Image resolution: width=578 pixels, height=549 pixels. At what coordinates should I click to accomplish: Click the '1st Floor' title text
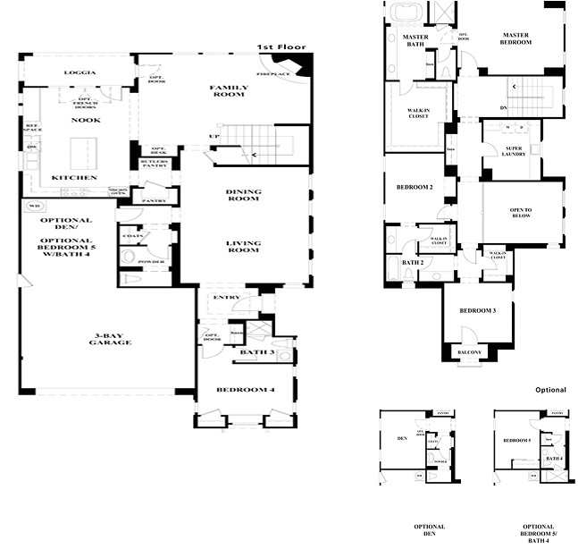click(x=281, y=46)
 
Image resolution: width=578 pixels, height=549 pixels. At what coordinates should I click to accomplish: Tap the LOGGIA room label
click(x=79, y=72)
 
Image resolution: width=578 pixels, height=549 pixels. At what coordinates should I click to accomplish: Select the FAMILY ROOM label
click(x=229, y=91)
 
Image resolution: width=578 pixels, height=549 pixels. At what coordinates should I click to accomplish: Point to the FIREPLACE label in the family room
click(x=272, y=73)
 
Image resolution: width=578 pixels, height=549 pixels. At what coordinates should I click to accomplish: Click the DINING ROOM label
click(x=243, y=194)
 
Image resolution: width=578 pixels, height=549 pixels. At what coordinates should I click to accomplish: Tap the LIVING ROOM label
click(x=243, y=247)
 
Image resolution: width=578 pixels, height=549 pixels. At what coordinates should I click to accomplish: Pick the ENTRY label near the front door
click(x=222, y=297)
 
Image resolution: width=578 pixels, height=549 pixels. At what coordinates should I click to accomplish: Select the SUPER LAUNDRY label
click(x=514, y=151)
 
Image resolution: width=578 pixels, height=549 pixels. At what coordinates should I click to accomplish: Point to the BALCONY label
click(x=470, y=352)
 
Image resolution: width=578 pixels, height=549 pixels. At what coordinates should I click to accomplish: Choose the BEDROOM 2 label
click(x=415, y=187)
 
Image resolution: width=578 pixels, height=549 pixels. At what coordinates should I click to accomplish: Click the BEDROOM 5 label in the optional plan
click(x=516, y=441)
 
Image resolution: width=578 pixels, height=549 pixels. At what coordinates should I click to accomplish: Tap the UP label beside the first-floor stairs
click(x=214, y=137)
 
